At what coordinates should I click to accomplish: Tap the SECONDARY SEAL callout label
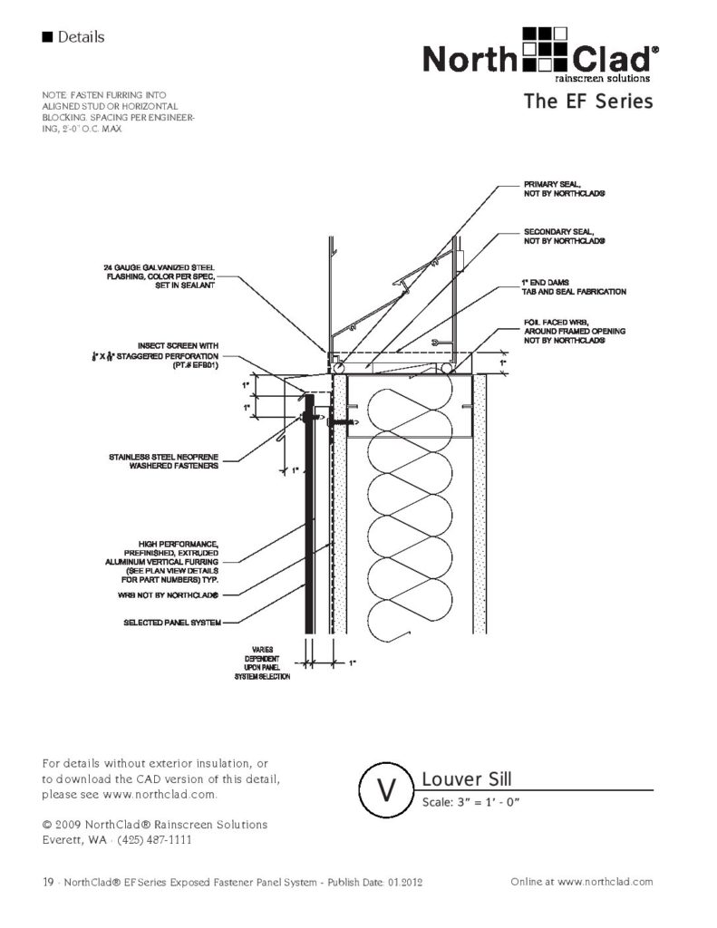pyautogui.click(x=564, y=237)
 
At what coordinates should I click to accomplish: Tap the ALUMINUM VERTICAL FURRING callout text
pyautogui.click(x=171, y=561)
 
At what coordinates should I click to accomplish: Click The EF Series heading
pyautogui.click(x=587, y=101)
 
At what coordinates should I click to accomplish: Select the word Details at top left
pyautogui.click(x=80, y=37)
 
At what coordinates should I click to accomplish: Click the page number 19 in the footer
pyautogui.click(x=49, y=882)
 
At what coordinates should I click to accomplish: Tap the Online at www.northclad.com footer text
pyautogui.click(x=582, y=881)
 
